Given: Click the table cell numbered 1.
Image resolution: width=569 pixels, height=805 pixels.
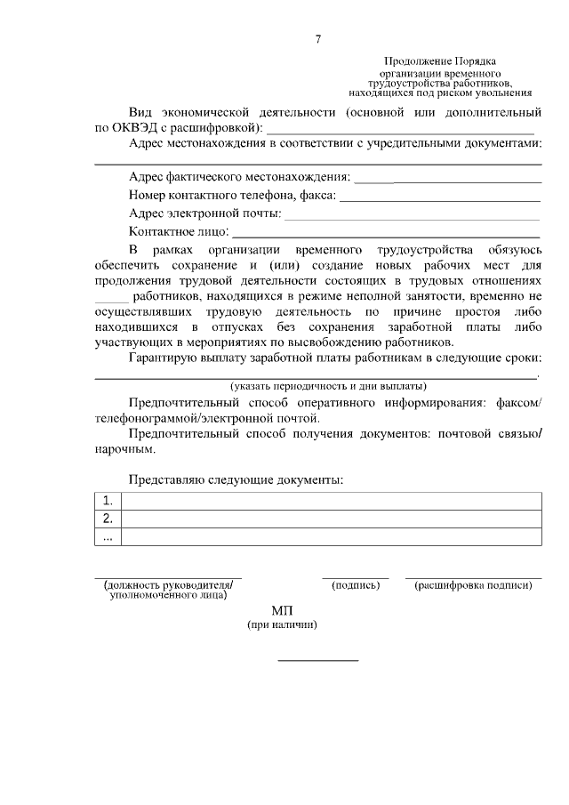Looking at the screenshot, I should point(108,501).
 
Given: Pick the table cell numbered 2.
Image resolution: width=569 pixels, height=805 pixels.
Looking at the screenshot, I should point(108,519).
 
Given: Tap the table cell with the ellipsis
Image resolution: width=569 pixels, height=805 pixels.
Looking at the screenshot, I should point(108,536).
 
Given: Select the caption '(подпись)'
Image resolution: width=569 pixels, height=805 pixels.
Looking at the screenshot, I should point(355,585).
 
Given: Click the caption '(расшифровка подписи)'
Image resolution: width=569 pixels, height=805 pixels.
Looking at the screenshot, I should point(473,585).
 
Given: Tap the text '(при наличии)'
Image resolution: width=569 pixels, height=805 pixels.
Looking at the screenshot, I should point(283,625).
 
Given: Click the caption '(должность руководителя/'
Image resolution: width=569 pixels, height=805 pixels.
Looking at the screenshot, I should point(168,585).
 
